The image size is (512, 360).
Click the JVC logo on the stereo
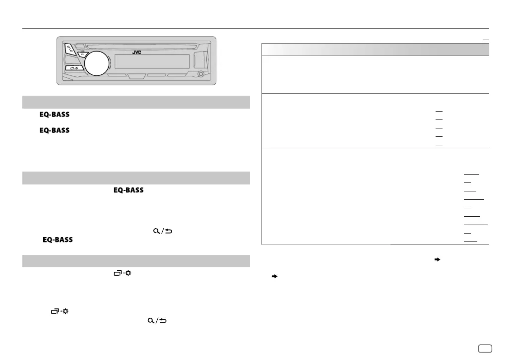(x=137, y=52)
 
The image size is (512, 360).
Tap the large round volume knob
(x=97, y=63)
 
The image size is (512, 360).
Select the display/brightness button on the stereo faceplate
(x=74, y=68)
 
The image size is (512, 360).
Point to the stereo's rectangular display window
(x=152, y=61)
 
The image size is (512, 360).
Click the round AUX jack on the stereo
(x=201, y=74)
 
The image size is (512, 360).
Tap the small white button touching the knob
(x=83, y=54)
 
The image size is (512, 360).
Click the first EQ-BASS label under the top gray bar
(x=55, y=115)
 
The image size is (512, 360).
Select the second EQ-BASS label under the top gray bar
(x=55, y=130)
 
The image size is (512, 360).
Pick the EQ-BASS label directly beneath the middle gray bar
(x=128, y=190)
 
